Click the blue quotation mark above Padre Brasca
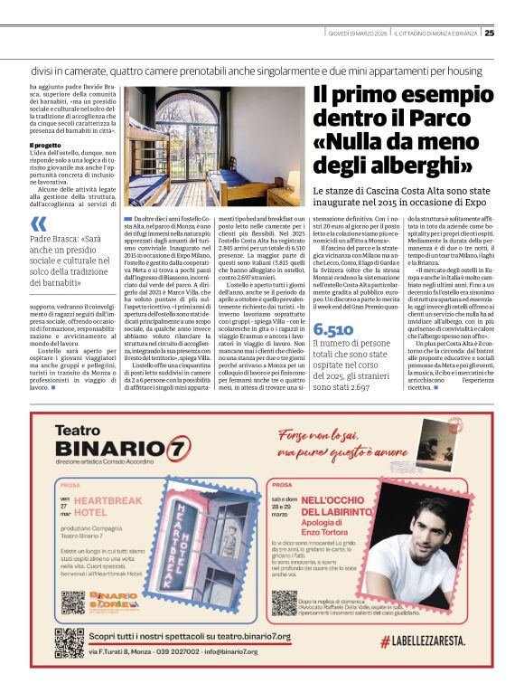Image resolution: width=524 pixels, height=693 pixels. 38,223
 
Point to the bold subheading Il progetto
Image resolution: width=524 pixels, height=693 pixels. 44,145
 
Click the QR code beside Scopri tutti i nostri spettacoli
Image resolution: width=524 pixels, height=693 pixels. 70,641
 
